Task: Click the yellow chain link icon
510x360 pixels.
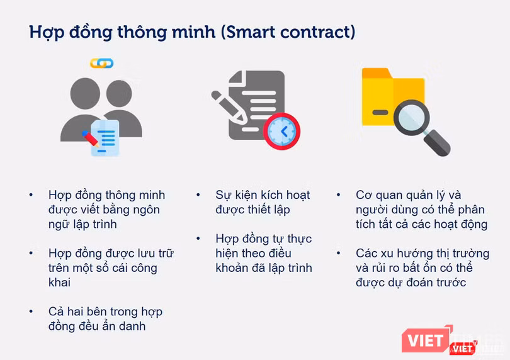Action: click(101, 63)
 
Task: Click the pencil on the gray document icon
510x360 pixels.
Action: click(230, 108)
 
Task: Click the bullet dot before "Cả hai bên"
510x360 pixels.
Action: click(31, 312)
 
